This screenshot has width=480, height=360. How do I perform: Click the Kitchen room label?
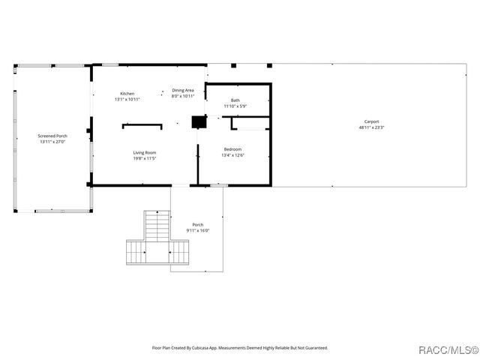(x=127, y=94)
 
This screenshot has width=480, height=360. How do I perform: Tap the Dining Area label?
(x=183, y=90)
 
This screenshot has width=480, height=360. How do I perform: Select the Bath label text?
(x=235, y=100)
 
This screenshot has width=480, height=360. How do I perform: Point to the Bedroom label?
(x=232, y=149)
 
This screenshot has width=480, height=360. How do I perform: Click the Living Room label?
(x=145, y=153)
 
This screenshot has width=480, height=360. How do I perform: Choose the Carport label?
(x=371, y=121)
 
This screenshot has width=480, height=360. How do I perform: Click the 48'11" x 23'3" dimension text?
(x=371, y=127)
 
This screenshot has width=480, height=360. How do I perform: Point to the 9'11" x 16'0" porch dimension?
(x=197, y=230)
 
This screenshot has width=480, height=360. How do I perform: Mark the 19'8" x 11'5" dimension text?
(x=145, y=159)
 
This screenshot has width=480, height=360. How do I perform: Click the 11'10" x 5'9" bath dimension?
(x=235, y=106)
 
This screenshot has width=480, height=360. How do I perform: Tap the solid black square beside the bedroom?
(x=199, y=121)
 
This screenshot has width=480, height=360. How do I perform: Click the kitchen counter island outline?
(x=142, y=125)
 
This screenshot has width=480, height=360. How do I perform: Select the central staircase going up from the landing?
(x=157, y=226)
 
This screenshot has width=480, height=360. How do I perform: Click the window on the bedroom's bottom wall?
(x=217, y=185)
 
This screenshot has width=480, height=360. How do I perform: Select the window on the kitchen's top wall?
(x=110, y=64)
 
